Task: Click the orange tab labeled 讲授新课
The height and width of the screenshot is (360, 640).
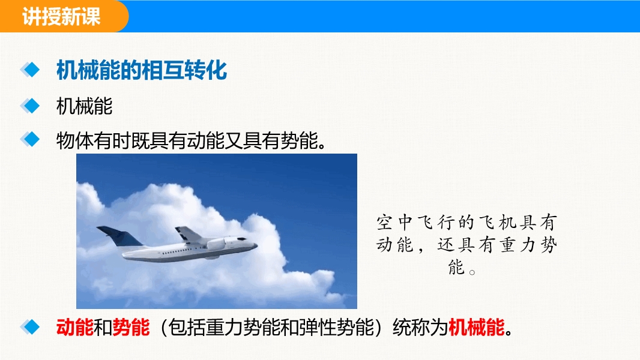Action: pos(63,16)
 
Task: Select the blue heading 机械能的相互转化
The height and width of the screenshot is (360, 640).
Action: pos(142,70)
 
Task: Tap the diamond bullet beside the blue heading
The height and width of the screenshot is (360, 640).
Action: pos(30,70)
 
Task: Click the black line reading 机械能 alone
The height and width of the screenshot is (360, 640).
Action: pos(85,106)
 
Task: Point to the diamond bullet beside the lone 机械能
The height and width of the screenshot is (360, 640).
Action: pos(30,106)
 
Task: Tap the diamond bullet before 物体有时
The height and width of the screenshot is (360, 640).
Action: pos(30,139)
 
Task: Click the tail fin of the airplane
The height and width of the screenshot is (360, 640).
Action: pos(119,236)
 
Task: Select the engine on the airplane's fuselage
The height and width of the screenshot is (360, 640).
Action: pos(216,244)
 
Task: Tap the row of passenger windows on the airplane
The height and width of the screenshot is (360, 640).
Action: pos(180,251)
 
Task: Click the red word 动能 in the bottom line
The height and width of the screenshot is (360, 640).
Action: pos(74,327)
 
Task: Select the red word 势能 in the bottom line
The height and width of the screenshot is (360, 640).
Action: pos(131,327)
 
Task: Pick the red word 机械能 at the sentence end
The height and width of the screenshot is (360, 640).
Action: pos(477,327)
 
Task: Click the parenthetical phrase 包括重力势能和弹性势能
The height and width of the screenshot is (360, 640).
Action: pos(271,327)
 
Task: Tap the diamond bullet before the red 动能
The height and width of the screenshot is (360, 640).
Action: pos(30,326)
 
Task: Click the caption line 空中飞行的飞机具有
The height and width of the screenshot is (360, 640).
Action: pos(466,223)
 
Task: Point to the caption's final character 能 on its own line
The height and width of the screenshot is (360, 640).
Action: pos(456,268)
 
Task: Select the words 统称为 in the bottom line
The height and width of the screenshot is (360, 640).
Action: pos(420,327)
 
